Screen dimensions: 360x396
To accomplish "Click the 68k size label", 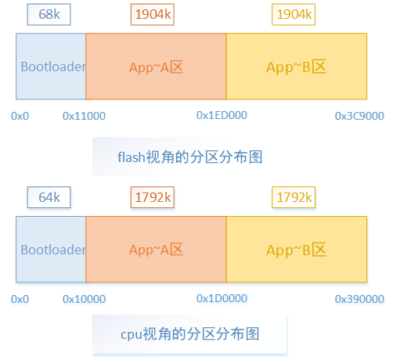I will coord(49,15).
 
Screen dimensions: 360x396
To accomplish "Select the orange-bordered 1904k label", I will coord(153,15).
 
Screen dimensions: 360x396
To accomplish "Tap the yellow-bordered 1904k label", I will coord(295,15).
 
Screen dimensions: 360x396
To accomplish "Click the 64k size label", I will coord(49,198).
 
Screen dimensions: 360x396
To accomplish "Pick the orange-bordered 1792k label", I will coord(152,198).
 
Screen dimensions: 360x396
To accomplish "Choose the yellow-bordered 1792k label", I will coord(295,198).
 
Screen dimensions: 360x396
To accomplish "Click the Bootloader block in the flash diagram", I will coord(51,67).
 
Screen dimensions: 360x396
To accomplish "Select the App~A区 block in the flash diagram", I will coord(156,67).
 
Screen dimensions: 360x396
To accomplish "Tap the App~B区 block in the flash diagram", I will coord(297,67).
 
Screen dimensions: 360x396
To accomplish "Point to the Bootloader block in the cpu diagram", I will coord(51,250).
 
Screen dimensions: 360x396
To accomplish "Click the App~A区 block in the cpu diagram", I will coord(156,250).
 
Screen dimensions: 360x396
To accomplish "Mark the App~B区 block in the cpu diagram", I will coord(297,250).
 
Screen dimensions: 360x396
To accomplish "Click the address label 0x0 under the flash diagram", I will coord(20,116).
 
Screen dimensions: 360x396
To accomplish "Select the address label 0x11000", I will coord(84,116).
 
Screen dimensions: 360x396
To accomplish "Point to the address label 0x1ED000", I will coord(221,115).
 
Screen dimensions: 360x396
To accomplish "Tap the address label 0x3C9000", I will coord(359,116).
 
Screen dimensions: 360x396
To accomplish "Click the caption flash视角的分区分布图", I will coord(189,157).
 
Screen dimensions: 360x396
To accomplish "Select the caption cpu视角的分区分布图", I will coord(189,334).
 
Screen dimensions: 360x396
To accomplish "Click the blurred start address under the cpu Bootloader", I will coord(20,300).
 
